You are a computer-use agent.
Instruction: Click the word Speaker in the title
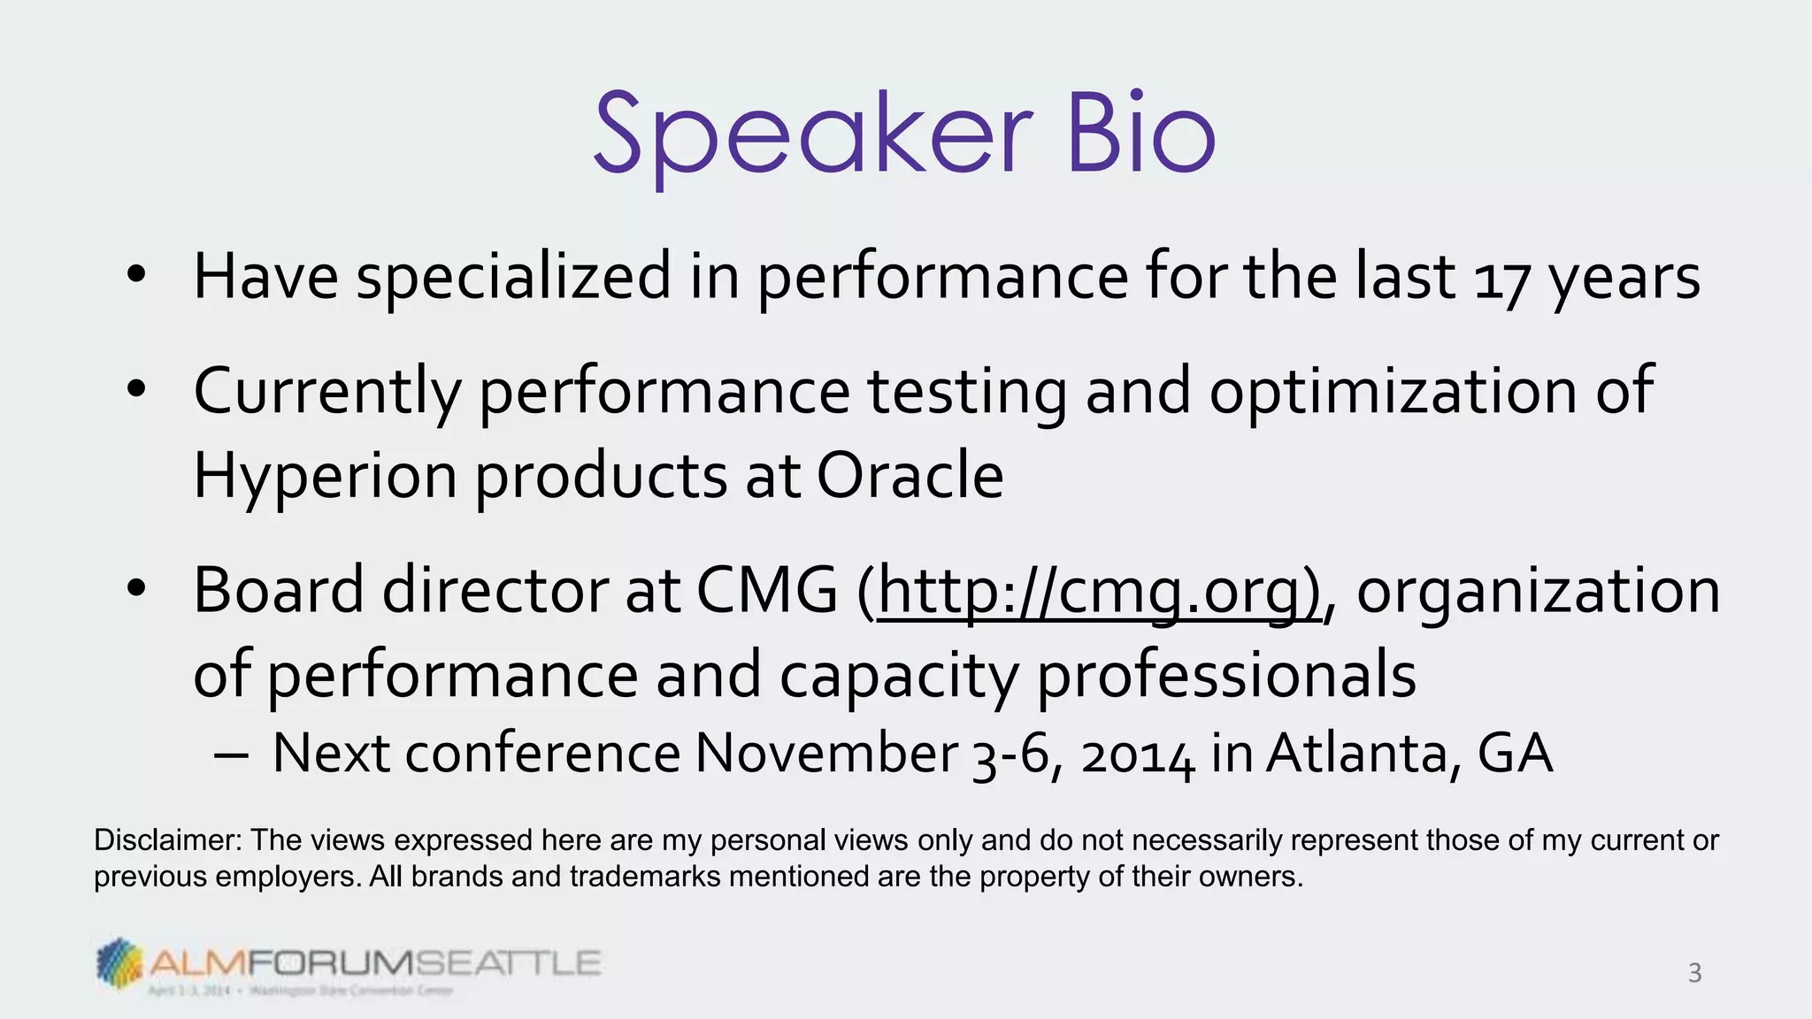pos(812,134)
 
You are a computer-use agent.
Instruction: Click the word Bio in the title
pos(1140,134)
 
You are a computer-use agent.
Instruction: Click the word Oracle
pos(910,476)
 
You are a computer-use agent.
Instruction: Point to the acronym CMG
pos(766,591)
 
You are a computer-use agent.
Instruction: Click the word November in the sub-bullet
pos(825,754)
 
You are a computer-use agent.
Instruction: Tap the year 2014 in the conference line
pos(1138,755)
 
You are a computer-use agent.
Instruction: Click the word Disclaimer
pos(166,840)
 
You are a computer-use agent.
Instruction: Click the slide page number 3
pos(1694,973)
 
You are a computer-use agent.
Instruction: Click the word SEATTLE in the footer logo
pos(509,962)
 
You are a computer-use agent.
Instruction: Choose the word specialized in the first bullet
pos(513,278)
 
